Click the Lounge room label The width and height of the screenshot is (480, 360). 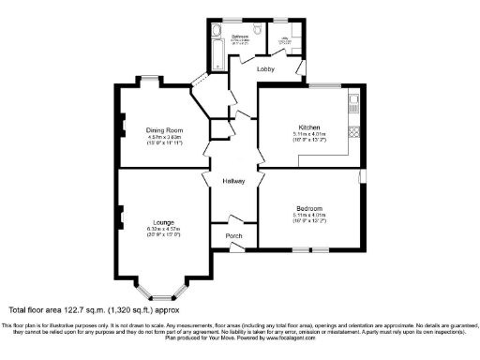coord(160,221)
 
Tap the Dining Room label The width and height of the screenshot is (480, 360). coord(164,130)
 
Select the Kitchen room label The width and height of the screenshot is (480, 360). coord(309,127)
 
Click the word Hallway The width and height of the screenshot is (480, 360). coord(233,181)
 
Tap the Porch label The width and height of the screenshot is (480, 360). coord(233,235)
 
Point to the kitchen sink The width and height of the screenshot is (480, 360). coord(353,102)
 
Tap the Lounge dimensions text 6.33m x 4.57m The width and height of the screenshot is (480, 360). coord(160,229)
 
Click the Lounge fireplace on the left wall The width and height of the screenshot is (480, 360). coord(121,219)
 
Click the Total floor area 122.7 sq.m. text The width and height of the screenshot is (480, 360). coord(61,309)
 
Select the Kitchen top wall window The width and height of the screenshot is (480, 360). coord(325,87)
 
